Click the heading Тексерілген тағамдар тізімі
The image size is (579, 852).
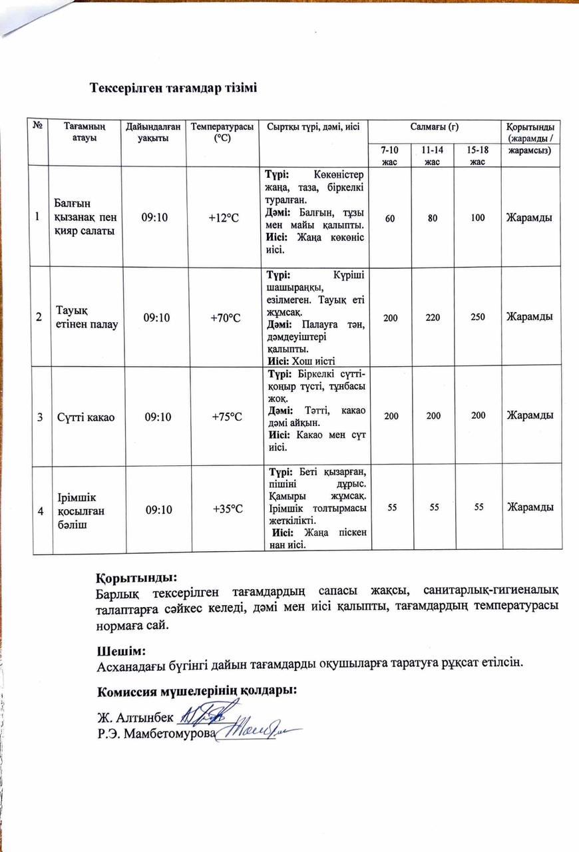[173, 89]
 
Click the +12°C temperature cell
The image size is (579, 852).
[224, 217]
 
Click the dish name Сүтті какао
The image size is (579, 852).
[85, 417]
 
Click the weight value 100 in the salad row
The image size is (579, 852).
[477, 217]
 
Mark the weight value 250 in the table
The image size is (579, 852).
[477, 318]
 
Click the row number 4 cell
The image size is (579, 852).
[41, 510]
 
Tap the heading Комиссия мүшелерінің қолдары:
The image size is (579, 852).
[196, 690]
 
